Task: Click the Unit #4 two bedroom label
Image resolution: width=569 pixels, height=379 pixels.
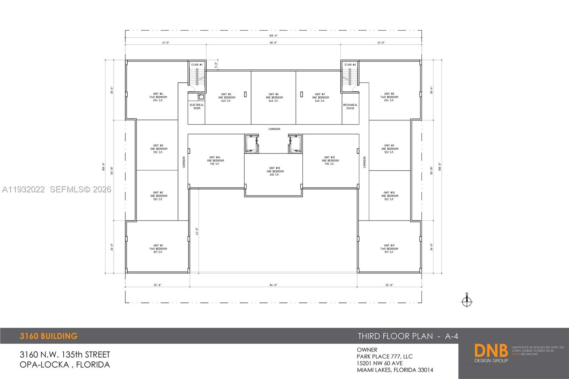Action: point(158,97)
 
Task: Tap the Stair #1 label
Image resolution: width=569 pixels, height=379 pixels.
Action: point(197,65)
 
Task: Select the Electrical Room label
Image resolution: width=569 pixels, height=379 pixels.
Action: point(197,107)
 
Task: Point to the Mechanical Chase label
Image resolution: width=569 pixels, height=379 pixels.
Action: point(350,107)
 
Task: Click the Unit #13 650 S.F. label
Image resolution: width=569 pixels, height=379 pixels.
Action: point(275,171)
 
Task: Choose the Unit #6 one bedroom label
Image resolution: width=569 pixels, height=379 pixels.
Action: point(274,97)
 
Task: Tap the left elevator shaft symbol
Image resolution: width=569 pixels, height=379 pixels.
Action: point(252,144)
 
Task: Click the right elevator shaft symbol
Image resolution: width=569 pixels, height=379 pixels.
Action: point(295,144)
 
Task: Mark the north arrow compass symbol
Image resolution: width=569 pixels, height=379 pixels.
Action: point(467,301)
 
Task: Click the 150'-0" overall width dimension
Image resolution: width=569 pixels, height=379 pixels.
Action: point(273,36)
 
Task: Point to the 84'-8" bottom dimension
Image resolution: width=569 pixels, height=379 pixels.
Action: point(273,285)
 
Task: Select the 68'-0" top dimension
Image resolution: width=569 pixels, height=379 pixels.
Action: point(273,43)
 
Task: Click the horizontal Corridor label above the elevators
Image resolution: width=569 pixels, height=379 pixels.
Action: point(274,129)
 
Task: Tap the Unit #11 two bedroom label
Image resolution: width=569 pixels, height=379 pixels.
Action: point(389,249)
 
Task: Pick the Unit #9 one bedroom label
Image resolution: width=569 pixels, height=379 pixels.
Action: point(389,149)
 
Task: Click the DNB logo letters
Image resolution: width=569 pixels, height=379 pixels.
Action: point(491,351)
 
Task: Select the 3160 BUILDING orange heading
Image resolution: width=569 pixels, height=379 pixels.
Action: point(49,336)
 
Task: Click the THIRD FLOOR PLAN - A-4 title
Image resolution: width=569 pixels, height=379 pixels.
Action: point(408,336)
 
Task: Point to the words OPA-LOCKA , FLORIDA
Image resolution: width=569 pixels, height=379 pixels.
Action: point(65,364)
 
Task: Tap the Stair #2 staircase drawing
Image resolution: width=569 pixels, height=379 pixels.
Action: point(350,77)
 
